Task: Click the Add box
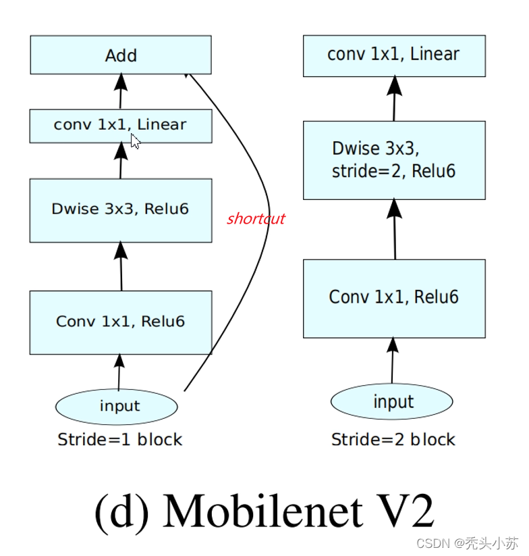(121, 55)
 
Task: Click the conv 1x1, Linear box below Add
(121, 126)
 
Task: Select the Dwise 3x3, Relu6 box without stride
(121, 209)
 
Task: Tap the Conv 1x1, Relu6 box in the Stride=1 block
(121, 322)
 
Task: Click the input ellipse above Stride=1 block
(116, 406)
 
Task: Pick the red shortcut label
(256, 219)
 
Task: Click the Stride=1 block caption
(120, 440)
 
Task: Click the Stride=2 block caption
(393, 440)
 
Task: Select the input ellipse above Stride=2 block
(391, 403)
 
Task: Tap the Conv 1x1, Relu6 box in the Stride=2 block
(394, 297)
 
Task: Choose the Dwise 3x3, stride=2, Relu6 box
(394, 160)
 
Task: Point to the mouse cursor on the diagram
(135, 141)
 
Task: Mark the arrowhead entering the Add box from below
(121, 82)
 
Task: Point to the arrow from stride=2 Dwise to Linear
(394, 99)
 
